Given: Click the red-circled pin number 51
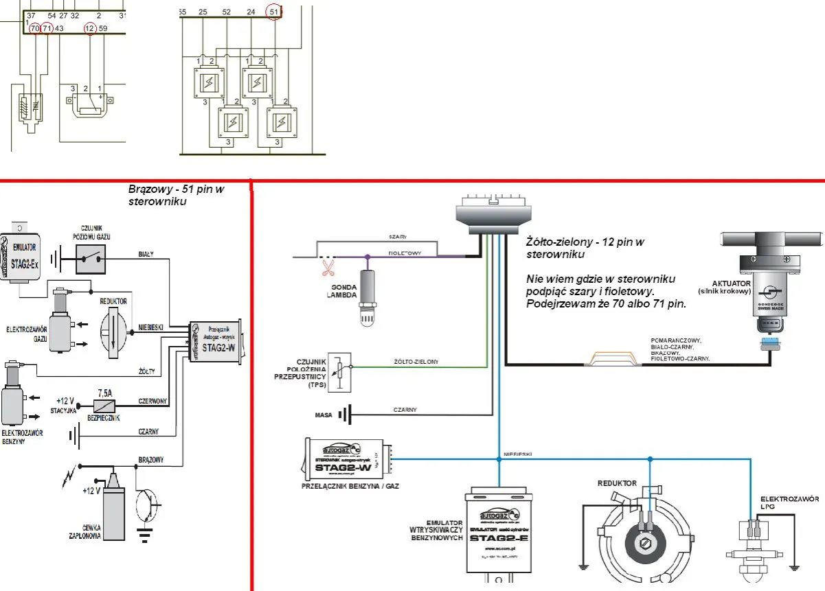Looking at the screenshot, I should pos(274,12).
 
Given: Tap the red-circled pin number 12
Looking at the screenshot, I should pos(90,28).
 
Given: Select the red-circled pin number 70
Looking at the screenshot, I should pos(35,28).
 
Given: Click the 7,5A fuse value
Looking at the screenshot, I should pos(105,394).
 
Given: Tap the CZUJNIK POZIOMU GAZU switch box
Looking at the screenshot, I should pos(91,257).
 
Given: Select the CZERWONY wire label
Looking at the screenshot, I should pos(153,401).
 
